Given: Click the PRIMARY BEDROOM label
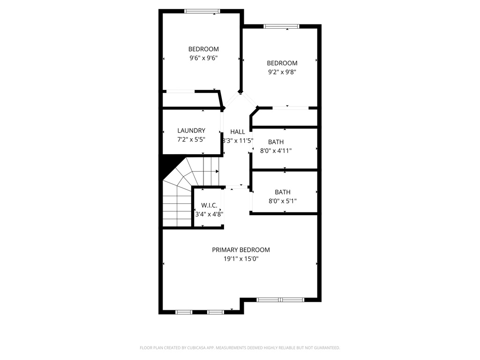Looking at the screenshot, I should tap(240, 250).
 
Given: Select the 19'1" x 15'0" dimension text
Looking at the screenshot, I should tap(240, 258).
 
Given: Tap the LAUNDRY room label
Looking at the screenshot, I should tap(191, 130).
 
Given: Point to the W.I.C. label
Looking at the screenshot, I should tap(209, 205).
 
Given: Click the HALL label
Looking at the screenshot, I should tap(238, 132).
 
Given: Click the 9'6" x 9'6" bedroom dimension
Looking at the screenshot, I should tap(203, 58).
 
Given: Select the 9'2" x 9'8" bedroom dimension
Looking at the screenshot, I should tap(282, 72).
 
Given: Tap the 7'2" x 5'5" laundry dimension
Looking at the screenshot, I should tap(191, 140).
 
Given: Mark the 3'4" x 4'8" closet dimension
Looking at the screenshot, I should tap(209, 214).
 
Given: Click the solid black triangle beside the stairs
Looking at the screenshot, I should tap(168, 166).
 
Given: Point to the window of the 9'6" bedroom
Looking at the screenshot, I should tap(202, 11).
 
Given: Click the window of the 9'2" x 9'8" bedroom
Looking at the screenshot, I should tap(281, 26).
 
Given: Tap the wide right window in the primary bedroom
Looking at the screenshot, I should tap(280, 300).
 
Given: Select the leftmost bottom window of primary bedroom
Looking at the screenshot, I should tap(184, 312).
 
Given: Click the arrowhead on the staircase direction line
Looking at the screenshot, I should tap(217, 172).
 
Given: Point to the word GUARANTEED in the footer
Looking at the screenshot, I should tap(325, 348).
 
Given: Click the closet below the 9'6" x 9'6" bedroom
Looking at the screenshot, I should tap(190, 99).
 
